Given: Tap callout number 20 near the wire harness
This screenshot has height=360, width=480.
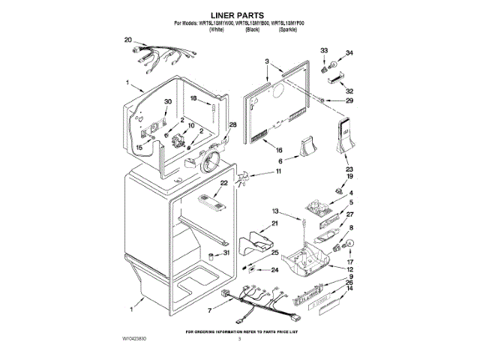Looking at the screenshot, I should (127, 40).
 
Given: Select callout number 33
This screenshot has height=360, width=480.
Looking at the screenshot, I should (324, 50).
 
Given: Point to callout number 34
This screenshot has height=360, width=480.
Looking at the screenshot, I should (349, 53).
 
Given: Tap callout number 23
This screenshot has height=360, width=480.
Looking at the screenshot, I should (348, 169).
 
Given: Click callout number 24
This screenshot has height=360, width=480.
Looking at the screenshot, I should (275, 270).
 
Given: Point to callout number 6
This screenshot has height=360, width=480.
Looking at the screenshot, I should (280, 160).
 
